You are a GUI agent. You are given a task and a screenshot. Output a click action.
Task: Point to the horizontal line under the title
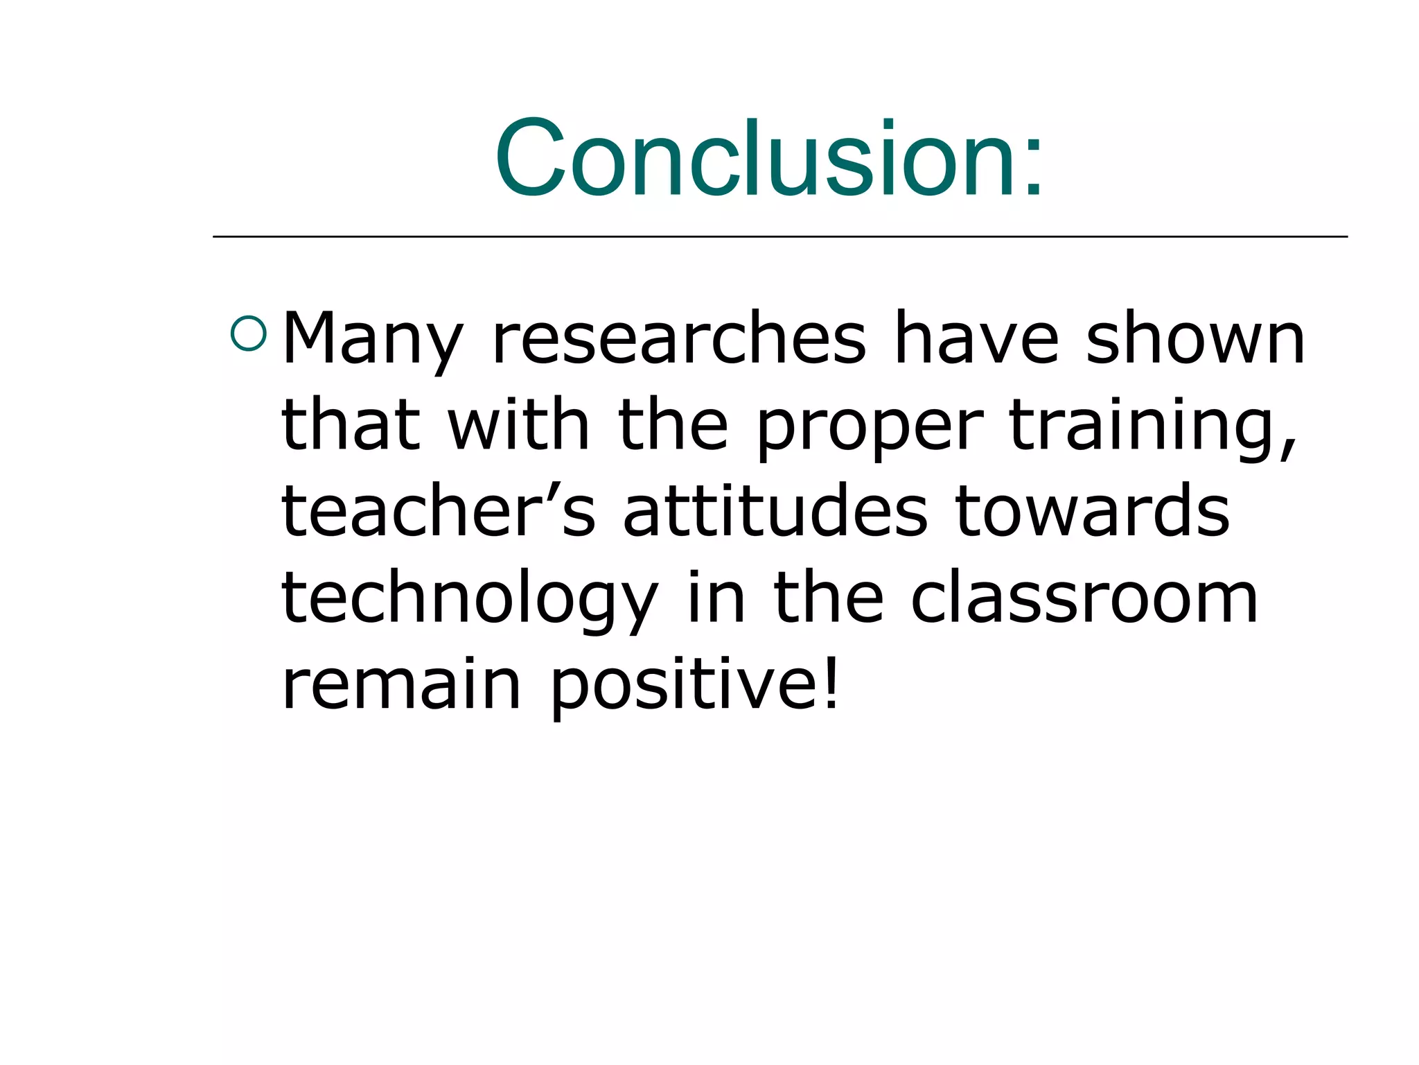coord(779,236)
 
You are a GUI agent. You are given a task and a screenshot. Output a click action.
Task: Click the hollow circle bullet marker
coord(248,334)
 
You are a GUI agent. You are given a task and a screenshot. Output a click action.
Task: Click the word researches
coord(679,338)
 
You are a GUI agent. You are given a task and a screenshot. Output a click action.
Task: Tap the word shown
coord(1195,338)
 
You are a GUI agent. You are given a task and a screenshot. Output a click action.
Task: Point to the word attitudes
coord(775,511)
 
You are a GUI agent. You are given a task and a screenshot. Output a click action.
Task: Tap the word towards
coord(1092,511)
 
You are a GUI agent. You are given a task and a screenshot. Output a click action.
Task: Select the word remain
coord(401,685)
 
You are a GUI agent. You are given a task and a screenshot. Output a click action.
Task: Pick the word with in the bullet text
coord(518,424)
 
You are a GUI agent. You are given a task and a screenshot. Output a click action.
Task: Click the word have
coord(976,338)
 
